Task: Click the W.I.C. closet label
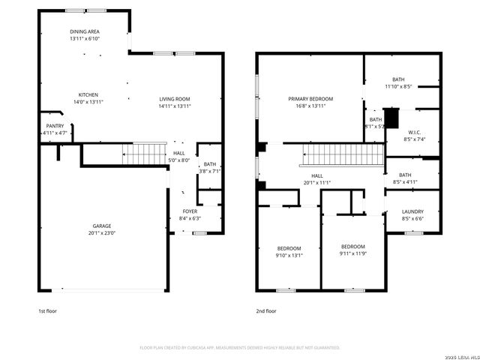click(x=415, y=135)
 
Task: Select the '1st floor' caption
click(x=47, y=310)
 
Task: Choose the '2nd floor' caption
click(x=266, y=310)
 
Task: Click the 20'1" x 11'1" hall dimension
click(x=317, y=182)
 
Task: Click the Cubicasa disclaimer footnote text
click(x=240, y=347)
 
